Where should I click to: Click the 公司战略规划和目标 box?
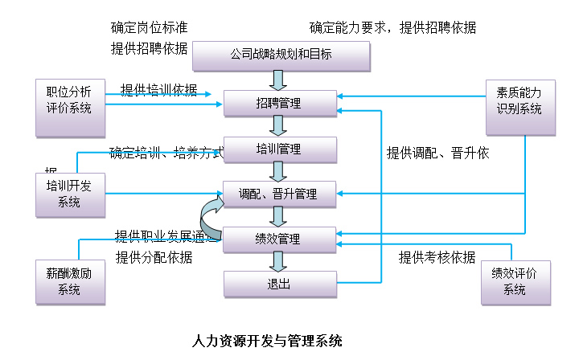pyautogui.click(x=281, y=56)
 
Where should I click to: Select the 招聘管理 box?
pyautogui.click(x=279, y=103)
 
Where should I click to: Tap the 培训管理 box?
pyautogui.click(x=279, y=149)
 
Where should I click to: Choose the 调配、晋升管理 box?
pyautogui.click(x=279, y=194)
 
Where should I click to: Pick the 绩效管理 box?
pyautogui.click(x=279, y=239)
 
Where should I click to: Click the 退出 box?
pyautogui.click(x=279, y=284)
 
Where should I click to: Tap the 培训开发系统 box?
pyautogui.click(x=70, y=194)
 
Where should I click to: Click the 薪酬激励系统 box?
pyautogui.click(x=70, y=282)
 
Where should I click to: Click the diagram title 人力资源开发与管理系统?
pyautogui.click(x=268, y=341)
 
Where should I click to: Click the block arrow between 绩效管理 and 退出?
pyautogui.click(x=278, y=261)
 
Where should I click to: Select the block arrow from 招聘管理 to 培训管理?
pyautogui.click(x=278, y=125)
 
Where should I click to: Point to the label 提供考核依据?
pyautogui.click(x=437, y=257)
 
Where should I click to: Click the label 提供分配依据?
pyautogui.click(x=154, y=257)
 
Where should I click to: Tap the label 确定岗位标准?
pyautogui.click(x=150, y=28)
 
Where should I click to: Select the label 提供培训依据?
pyautogui.click(x=158, y=90)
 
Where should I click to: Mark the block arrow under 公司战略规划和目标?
pyautogui.click(x=278, y=80)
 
